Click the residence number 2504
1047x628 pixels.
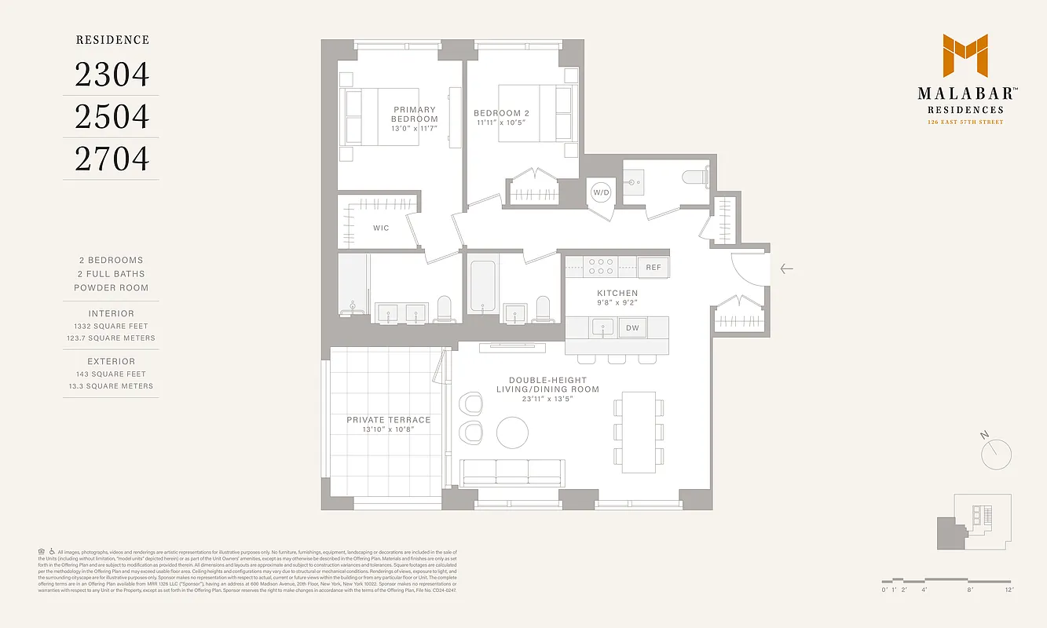click(x=112, y=116)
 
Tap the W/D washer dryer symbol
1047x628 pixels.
click(x=601, y=192)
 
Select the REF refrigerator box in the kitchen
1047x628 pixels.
click(x=653, y=268)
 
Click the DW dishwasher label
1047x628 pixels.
click(x=631, y=328)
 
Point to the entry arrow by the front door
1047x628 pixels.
click(x=786, y=268)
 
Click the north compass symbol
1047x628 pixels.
click(x=996, y=452)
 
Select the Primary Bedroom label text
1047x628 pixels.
click(x=414, y=115)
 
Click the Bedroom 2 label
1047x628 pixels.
click(x=502, y=113)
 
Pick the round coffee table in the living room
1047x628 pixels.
click(x=512, y=431)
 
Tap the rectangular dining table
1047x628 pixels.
click(x=639, y=431)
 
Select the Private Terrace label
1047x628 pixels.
click(x=389, y=420)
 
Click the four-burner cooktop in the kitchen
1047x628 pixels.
click(x=602, y=267)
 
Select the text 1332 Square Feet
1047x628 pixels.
click(x=111, y=326)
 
